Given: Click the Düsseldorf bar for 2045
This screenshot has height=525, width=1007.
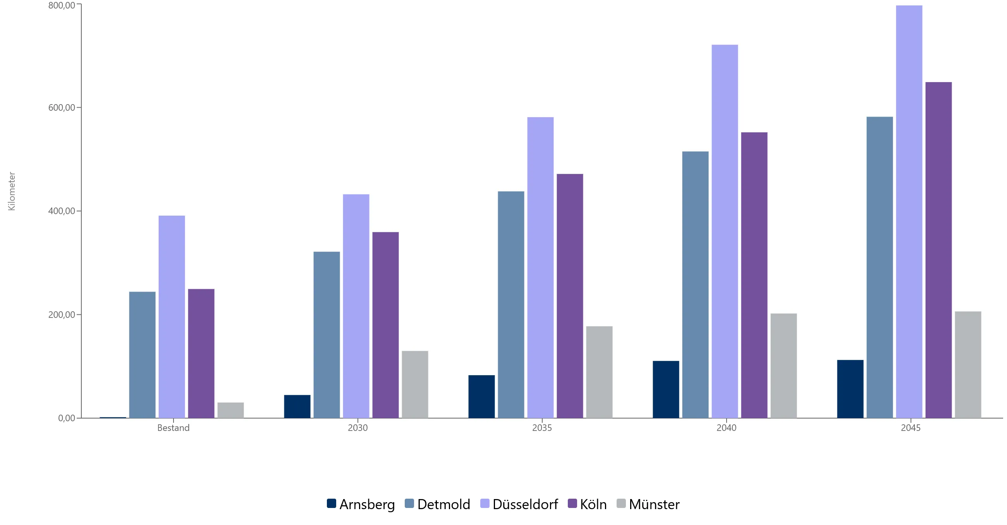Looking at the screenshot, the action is point(909,211).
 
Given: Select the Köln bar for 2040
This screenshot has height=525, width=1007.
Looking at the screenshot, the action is point(754,275).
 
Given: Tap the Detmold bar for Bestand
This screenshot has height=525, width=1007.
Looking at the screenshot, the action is point(142,355).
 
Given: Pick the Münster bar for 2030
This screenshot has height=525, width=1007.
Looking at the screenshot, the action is point(415,385).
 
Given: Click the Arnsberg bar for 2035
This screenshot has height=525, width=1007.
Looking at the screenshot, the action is point(481,397).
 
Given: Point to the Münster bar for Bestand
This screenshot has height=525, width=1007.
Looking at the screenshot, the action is point(230,410).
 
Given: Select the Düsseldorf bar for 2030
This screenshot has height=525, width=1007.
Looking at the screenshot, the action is point(356,306).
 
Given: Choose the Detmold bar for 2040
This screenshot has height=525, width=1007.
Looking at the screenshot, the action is point(696,285).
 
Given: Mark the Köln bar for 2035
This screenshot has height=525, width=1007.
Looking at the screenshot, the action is point(570,296).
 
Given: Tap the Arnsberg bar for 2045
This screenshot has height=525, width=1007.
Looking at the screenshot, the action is point(850,389).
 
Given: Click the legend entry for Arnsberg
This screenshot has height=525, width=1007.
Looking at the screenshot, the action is point(361,504).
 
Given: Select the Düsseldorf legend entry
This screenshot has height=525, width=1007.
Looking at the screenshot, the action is point(519,504).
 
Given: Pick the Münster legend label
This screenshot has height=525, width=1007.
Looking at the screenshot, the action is point(655,504).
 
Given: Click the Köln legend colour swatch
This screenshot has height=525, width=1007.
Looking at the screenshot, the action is point(572,503).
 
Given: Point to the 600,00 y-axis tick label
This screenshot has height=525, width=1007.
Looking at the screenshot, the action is point(62,108).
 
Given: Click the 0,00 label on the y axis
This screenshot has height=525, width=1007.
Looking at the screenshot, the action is point(67,418).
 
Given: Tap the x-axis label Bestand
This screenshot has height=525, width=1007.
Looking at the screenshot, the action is point(173,428).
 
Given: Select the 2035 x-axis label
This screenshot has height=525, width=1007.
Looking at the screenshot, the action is point(542,428).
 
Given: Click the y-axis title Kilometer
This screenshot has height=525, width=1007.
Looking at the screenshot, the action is point(12,191).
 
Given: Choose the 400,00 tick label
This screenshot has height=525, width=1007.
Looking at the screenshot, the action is point(62,211).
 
